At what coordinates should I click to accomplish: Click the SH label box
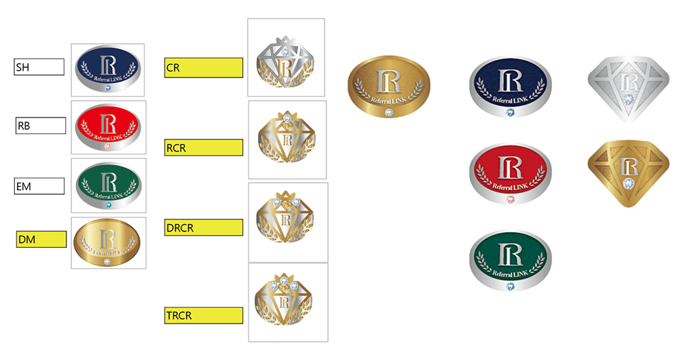(39, 67)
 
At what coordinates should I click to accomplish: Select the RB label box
(41, 126)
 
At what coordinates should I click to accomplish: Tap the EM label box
(40, 185)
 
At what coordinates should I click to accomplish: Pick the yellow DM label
(41, 239)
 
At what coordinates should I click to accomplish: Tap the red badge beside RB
(109, 127)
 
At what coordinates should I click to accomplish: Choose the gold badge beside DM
(109, 242)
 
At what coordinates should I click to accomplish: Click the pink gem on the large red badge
(510, 200)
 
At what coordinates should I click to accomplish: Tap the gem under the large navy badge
(510, 112)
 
